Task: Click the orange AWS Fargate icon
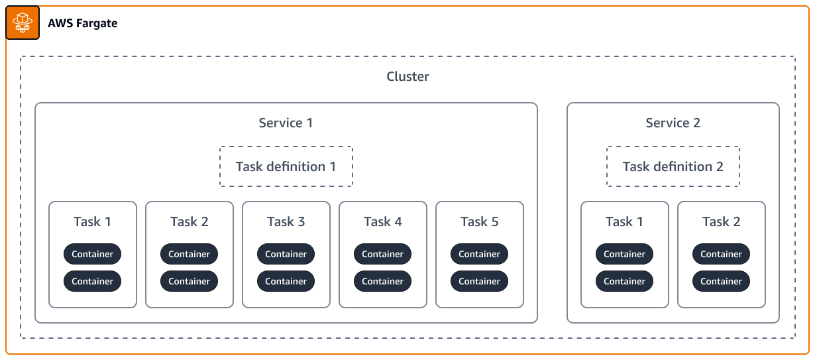[23, 23]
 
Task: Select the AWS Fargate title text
[82, 23]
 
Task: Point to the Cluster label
[407, 76]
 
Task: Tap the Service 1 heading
[286, 123]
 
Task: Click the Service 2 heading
[673, 123]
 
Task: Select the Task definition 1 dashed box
[286, 166]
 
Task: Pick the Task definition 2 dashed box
[673, 166]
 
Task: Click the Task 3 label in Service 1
[286, 221]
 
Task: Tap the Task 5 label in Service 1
[479, 221]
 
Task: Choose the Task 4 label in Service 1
[382, 221]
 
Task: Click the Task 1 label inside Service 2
[624, 221]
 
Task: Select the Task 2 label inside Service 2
[721, 221]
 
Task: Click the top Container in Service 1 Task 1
[92, 254]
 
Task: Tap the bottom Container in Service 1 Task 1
[92, 281]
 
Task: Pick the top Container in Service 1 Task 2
[189, 254]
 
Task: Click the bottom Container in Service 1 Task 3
[286, 281]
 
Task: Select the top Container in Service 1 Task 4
[382, 254]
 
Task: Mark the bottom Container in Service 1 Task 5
[479, 281]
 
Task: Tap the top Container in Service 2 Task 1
[624, 254]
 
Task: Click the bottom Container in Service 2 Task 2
[721, 281]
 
